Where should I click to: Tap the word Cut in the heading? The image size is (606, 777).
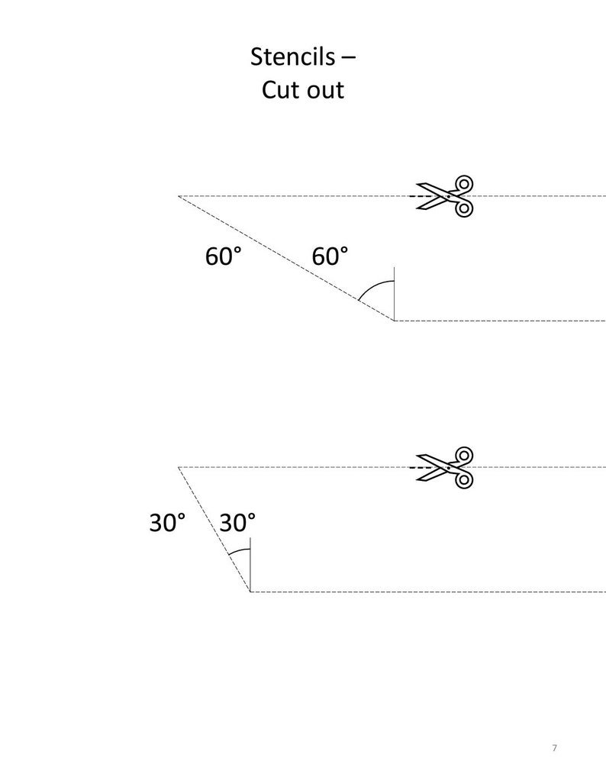[279, 89]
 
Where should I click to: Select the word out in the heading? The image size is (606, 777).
[324, 90]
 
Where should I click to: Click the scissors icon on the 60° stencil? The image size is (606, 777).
[445, 196]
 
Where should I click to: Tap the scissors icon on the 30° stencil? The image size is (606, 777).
[445, 466]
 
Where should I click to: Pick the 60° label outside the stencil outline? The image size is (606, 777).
[223, 256]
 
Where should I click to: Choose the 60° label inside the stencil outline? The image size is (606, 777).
[330, 256]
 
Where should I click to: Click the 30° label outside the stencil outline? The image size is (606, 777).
[167, 523]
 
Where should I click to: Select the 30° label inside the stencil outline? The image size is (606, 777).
[237, 523]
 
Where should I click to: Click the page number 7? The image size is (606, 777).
[554, 747]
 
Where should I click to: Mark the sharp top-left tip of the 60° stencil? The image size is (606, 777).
[179, 196]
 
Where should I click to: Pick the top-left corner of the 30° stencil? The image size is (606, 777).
[179, 466]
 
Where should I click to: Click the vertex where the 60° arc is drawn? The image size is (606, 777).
[394, 321]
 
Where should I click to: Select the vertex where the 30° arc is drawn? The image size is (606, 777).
[250, 591]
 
